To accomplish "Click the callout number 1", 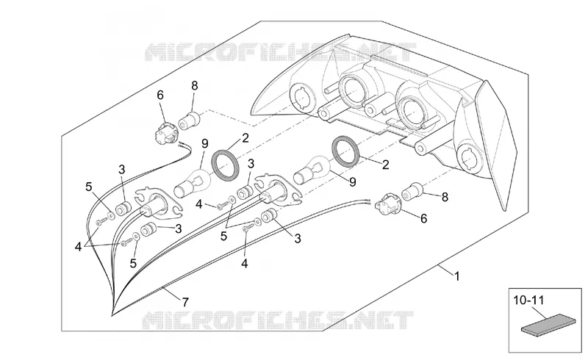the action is click(x=456, y=277).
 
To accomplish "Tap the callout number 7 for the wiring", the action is click(x=185, y=302).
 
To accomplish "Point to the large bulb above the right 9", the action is click(x=312, y=170).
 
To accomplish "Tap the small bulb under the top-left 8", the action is click(x=190, y=120).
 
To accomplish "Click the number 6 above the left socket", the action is click(x=160, y=96).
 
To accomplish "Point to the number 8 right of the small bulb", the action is click(x=445, y=197).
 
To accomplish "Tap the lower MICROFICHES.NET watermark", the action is click(x=279, y=320).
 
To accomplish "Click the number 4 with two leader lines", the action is click(x=78, y=247).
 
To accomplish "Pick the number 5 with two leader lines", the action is click(x=224, y=237).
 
